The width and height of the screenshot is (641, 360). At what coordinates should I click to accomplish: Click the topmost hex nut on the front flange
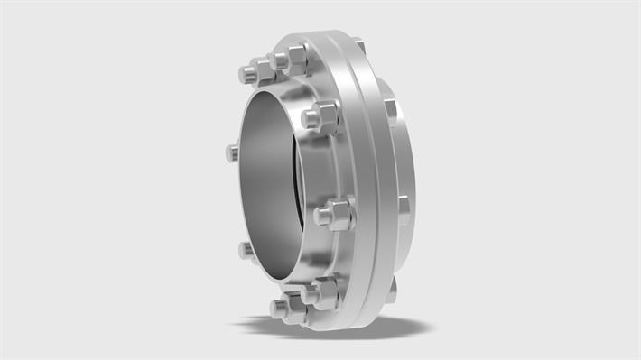click(295, 60)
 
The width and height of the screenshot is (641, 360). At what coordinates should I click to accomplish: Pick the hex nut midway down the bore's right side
click(338, 214)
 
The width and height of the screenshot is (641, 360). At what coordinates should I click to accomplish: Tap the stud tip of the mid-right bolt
click(320, 217)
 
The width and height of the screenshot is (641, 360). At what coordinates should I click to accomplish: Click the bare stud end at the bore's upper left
click(233, 152)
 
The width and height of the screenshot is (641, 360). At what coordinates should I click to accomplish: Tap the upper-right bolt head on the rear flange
click(390, 107)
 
